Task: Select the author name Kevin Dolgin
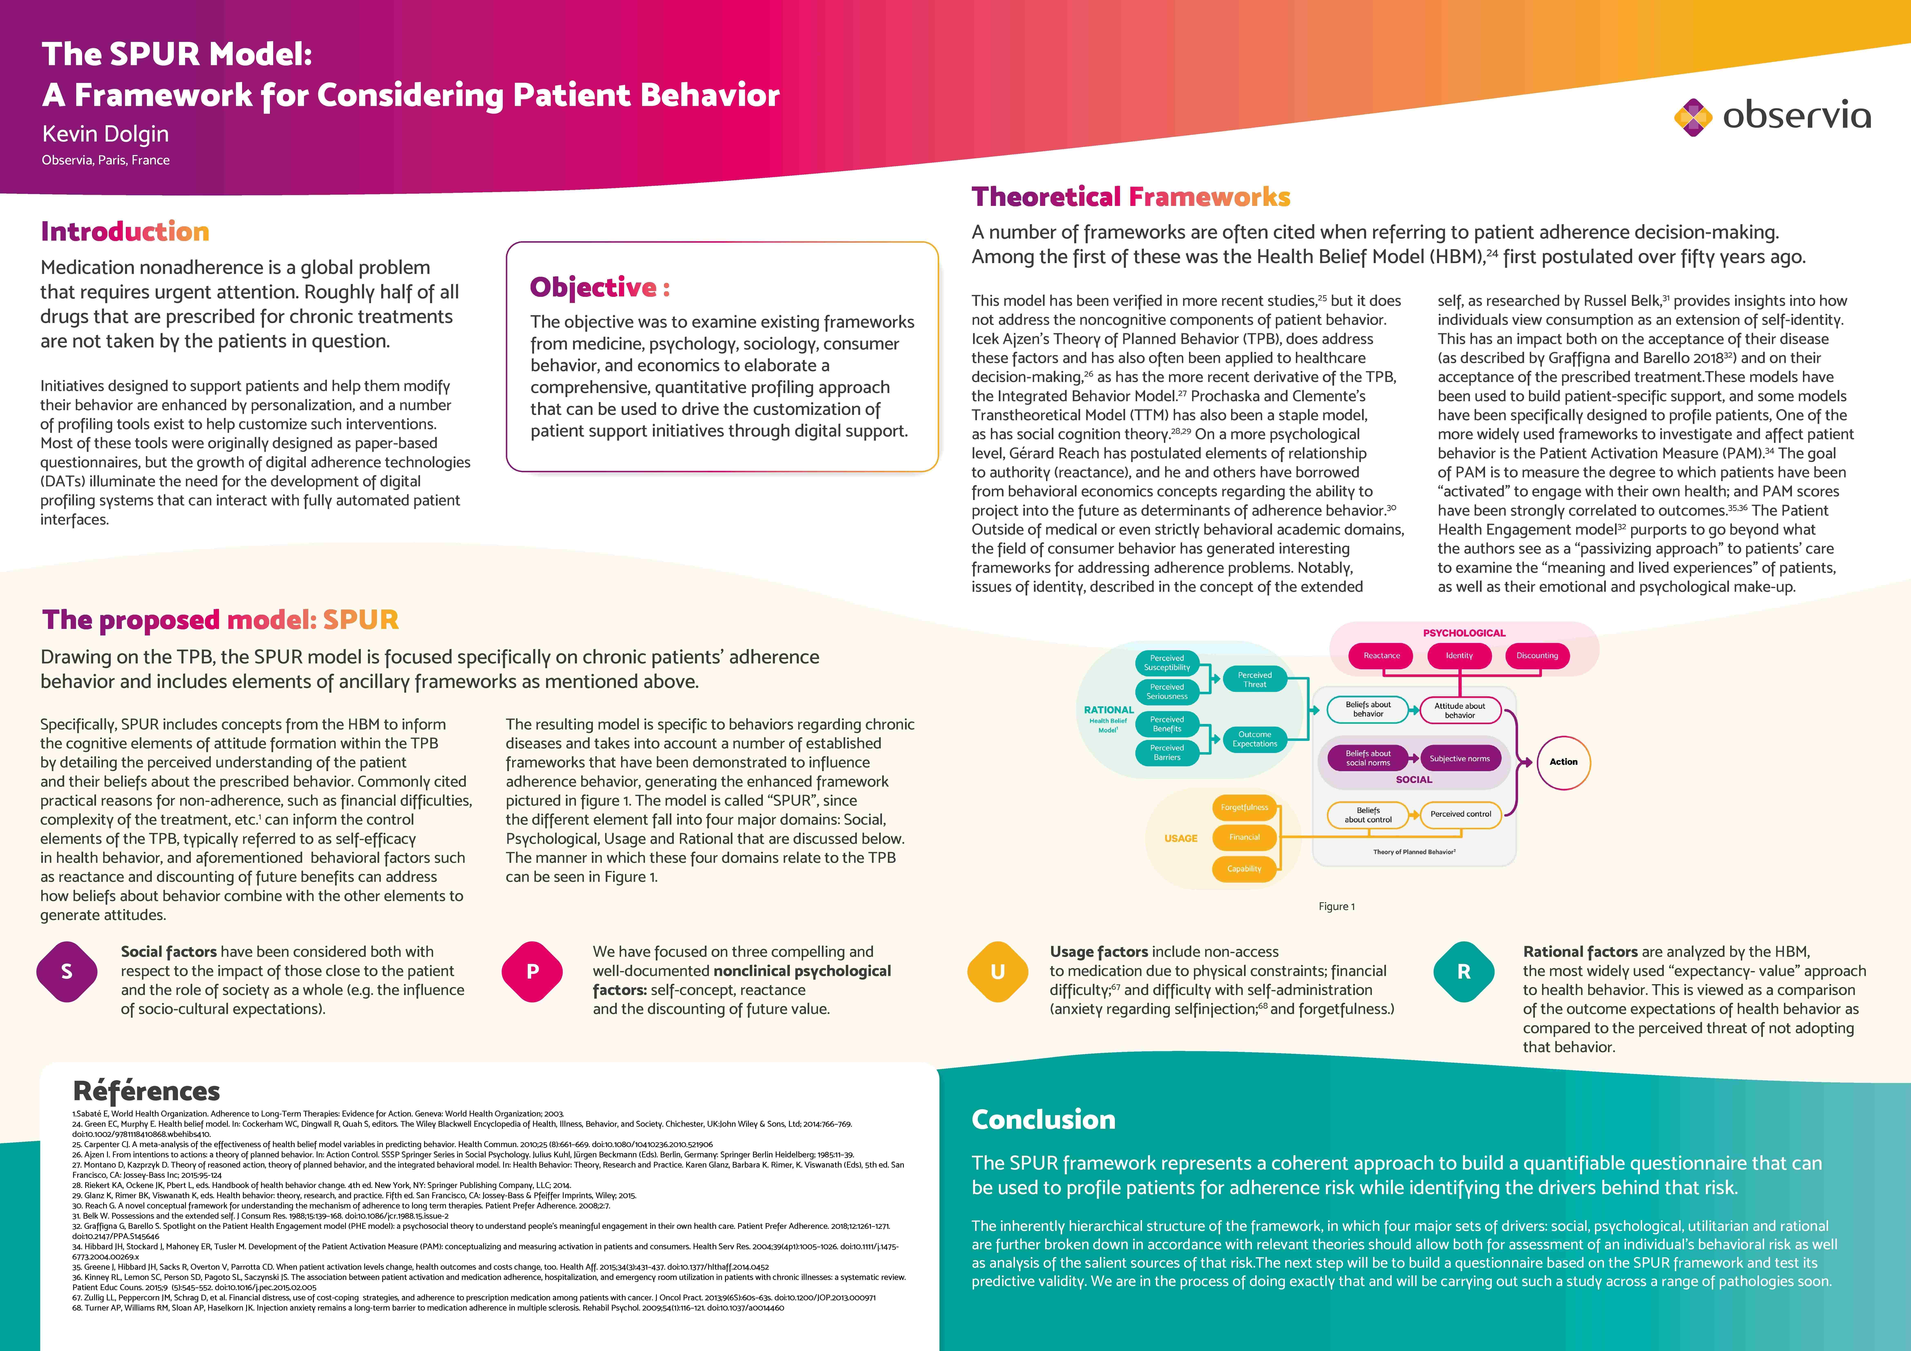106,134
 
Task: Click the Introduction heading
125,231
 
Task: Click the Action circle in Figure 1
1563,762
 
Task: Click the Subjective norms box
1460,758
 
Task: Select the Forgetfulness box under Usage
1244,807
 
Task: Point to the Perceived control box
1461,814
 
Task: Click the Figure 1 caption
1337,907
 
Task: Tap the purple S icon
67,971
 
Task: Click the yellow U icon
997,971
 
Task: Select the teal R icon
1463,971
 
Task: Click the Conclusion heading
1043,1120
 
